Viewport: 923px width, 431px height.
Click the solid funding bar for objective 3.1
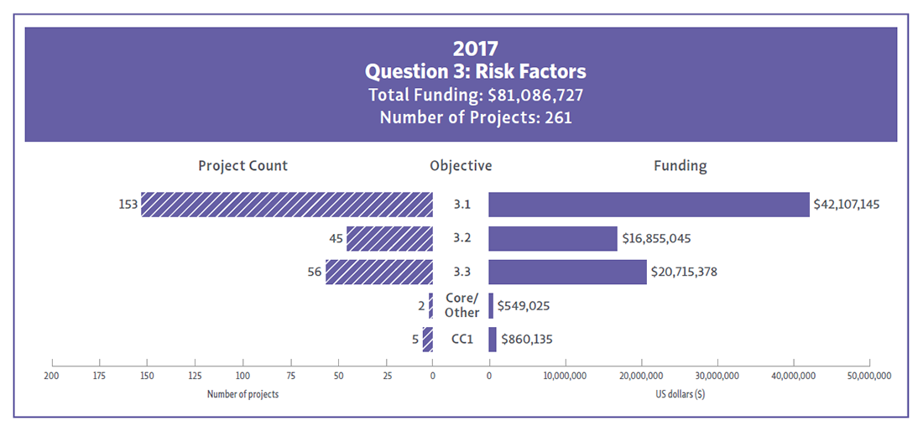click(649, 205)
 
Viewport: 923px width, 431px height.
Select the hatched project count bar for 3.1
click(286, 205)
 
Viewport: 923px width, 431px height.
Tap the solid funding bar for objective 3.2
click(553, 239)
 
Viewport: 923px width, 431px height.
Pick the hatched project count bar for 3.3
click(379, 272)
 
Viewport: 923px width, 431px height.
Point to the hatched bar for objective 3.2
click(389, 239)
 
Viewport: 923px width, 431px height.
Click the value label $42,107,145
click(847, 205)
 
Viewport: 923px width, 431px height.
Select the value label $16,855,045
click(656, 239)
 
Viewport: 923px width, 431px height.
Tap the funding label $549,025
click(524, 306)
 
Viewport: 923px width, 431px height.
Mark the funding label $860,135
click(527, 340)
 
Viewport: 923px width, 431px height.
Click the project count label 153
click(128, 205)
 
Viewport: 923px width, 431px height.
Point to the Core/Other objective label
click(461, 306)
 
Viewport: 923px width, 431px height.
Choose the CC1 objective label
click(461, 340)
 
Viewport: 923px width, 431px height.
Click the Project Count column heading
click(242, 166)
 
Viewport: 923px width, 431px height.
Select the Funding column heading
click(680, 166)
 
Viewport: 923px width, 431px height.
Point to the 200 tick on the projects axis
click(52, 375)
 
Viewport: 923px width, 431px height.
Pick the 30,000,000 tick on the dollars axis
click(716, 375)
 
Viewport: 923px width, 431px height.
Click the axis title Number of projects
click(242, 394)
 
